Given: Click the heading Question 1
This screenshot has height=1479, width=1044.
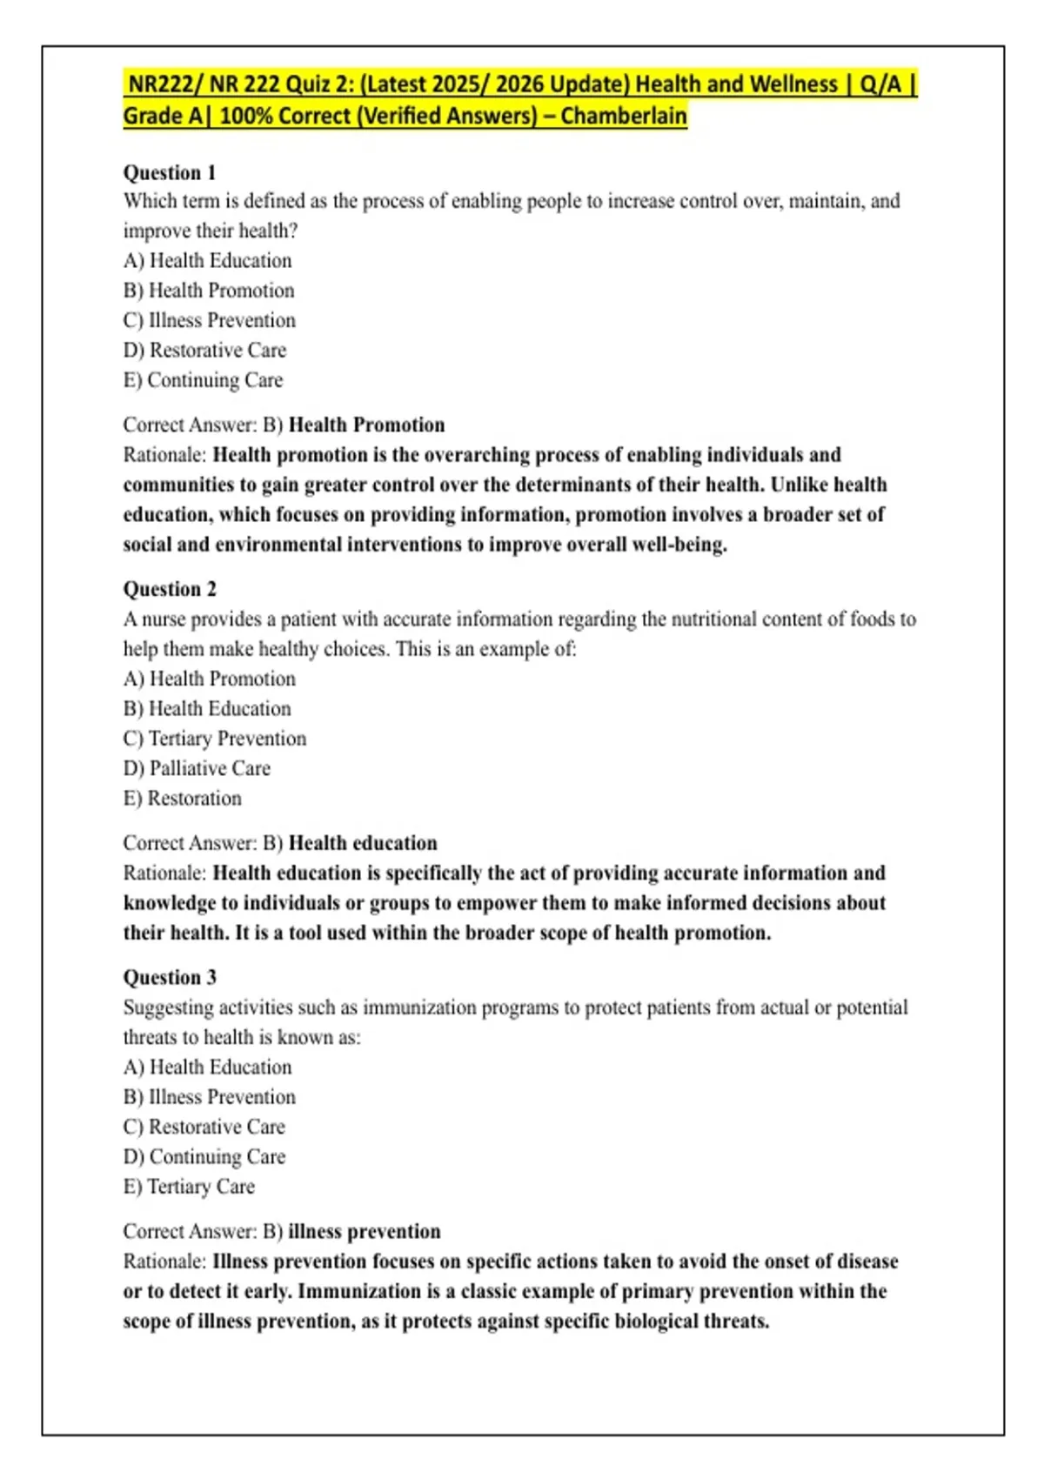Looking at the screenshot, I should [170, 172].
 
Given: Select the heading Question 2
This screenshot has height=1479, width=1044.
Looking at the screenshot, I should [170, 589].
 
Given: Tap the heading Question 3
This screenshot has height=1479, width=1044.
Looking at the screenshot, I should [170, 977].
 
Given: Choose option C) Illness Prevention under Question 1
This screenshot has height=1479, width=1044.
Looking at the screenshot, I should [210, 320].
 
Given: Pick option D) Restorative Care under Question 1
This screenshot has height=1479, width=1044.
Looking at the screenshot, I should [204, 350].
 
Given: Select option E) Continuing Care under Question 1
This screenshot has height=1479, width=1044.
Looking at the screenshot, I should [203, 380].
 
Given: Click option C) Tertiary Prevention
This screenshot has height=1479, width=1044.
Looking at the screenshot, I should [215, 739].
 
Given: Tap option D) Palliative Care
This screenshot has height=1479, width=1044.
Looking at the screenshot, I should [197, 768].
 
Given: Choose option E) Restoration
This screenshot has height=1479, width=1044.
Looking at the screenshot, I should [183, 798].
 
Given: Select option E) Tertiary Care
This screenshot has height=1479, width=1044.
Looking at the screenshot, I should [189, 1187].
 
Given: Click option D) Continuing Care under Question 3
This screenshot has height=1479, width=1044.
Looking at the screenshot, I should [204, 1156].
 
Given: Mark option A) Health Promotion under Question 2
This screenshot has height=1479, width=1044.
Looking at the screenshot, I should [210, 679].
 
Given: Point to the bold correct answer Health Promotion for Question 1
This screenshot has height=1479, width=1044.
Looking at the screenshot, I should [366, 425].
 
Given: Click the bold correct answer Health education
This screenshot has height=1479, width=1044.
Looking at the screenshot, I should [363, 843].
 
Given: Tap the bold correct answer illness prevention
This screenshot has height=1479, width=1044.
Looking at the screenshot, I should [365, 1231].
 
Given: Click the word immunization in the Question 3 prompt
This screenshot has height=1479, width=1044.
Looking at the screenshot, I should [418, 1007].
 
